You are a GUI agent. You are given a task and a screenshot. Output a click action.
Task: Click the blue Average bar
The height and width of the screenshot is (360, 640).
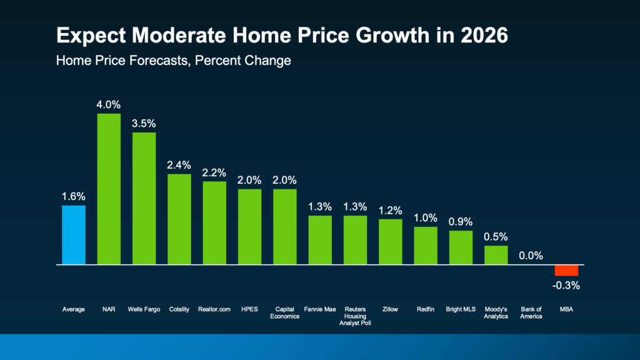point(74,235)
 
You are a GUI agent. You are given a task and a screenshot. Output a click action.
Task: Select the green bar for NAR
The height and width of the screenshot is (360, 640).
point(109,189)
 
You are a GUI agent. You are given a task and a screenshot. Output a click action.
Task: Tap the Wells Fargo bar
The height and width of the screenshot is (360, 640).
point(144,199)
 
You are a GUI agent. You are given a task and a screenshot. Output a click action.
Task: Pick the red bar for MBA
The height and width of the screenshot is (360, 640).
point(567,270)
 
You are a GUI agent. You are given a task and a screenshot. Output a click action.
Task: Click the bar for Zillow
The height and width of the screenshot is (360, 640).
point(391,242)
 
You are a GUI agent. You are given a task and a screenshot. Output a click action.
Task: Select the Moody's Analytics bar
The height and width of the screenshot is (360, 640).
point(496,255)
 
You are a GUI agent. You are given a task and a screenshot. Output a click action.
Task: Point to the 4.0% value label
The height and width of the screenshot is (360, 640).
point(109,103)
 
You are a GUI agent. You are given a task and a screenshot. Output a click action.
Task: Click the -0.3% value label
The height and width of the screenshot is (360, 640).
point(567,286)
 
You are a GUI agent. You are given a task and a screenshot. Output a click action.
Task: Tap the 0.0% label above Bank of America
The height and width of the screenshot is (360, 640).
point(531,256)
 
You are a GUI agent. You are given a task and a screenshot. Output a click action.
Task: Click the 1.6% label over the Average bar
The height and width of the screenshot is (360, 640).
point(74,196)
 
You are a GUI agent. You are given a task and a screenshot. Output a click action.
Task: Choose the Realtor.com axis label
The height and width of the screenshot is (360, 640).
point(214,309)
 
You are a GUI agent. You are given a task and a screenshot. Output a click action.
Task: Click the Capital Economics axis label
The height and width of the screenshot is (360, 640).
point(285,312)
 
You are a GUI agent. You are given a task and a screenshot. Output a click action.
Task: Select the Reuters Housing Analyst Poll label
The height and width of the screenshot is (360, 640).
point(356,316)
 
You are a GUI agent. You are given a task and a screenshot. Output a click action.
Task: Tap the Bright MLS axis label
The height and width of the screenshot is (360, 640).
point(461,309)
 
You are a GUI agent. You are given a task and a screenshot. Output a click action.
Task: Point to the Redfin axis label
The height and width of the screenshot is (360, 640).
point(426,309)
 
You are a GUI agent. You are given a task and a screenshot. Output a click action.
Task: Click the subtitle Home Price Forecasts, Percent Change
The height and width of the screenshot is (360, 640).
point(173,61)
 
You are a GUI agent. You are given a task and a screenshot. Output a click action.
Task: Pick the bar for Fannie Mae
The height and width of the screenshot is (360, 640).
point(320,240)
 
